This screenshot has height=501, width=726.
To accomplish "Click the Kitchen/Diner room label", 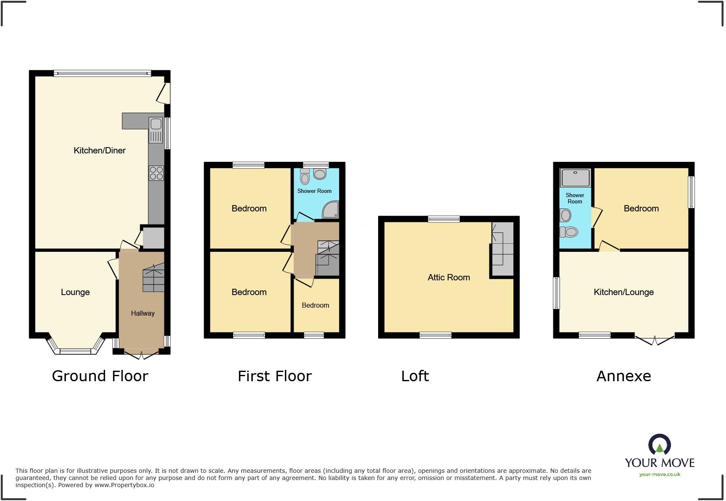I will click(100, 150).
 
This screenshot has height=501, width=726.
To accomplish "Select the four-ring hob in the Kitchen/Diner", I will click(156, 173).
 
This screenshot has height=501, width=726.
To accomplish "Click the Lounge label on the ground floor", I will click(75, 292).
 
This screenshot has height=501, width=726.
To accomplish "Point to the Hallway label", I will click(142, 313).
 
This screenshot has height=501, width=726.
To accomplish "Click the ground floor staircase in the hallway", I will click(153, 278).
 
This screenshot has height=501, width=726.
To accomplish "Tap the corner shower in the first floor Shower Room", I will click(331, 210).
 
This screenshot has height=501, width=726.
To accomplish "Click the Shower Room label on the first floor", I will click(314, 191).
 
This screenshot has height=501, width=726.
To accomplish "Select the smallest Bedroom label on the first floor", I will click(315, 305).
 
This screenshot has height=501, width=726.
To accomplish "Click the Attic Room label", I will click(449, 277).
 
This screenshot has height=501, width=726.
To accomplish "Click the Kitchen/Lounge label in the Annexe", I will click(623, 292).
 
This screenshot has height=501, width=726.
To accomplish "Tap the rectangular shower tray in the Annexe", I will click(575, 178).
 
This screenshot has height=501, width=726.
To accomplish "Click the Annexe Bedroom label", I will click(641, 208).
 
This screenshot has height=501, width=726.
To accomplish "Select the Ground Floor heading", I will click(100, 376).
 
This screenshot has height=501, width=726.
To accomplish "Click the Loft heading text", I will click(415, 376).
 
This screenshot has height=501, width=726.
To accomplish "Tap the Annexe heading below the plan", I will click(623, 376).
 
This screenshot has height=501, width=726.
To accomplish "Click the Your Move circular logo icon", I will click(660, 445).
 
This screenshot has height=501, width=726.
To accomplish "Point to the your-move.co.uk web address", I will click(660, 475).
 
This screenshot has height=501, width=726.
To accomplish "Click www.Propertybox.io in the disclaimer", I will click(124, 485).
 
